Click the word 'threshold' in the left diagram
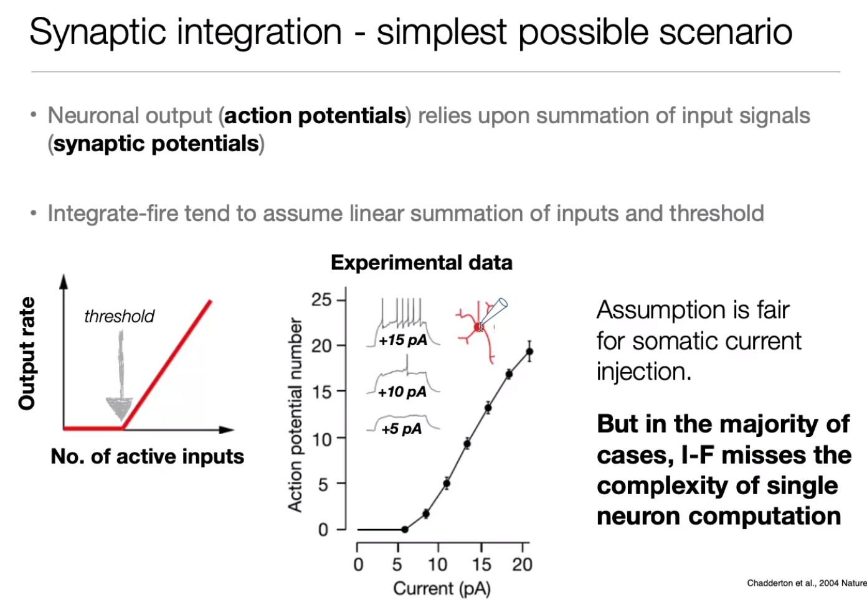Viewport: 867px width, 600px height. coord(119,316)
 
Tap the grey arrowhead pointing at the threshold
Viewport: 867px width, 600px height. coord(120,408)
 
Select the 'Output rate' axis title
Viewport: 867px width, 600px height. coord(27,353)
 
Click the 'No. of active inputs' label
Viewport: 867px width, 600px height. coord(148,456)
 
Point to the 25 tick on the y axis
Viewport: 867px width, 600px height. coord(321,300)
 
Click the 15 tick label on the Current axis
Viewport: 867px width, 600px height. coord(481,565)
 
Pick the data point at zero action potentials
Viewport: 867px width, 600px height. coord(405,529)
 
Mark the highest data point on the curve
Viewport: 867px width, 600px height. coord(529,351)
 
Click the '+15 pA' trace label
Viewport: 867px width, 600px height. coord(404,340)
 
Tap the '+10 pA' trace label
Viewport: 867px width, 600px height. coord(402,392)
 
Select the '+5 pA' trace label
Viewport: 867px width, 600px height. coord(401,429)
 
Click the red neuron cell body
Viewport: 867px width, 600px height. coord(478,327)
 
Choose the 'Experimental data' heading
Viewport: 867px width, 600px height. coord(422,263)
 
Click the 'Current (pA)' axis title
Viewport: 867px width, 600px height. coord(442,588)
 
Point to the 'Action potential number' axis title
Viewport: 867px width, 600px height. coord(295,415)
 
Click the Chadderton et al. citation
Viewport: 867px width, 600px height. coord(807,583)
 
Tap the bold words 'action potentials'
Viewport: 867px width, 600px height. coord(315,116)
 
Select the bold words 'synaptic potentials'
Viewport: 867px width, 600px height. coord(156,144)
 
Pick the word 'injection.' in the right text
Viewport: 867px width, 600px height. coord(643,372)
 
